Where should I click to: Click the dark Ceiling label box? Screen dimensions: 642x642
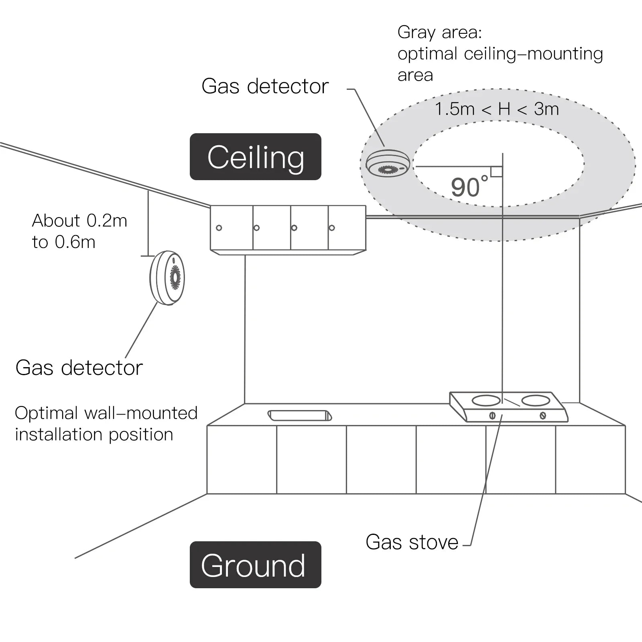(x=255, y=157)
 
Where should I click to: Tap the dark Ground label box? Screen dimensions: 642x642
(x=255, y=565)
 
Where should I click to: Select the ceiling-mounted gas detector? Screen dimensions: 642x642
(x=388, y=164)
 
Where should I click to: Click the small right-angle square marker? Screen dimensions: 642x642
(x=497, y=172)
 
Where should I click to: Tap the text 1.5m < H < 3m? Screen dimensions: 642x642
(x=497, y=109)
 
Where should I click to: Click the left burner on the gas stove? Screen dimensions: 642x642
(x=486, y=400)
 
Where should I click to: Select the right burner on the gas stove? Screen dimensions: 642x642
(x=535, y=400)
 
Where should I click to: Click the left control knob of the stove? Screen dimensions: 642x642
(x=492, y=415)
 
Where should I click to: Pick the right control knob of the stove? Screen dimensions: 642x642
(x=542, y=415)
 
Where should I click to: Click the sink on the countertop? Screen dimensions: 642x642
(x=299, y=415)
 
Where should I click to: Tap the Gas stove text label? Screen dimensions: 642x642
(x=412, y=542)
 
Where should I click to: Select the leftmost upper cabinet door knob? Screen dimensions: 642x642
(x=219, y=228)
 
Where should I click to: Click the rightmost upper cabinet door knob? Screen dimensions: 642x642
(x=331, y=228)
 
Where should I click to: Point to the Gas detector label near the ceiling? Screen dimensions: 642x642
(x=265, y=86)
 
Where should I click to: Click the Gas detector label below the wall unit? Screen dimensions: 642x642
(x=79, y=368)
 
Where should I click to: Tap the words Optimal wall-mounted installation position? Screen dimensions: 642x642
(x=106, y=424)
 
